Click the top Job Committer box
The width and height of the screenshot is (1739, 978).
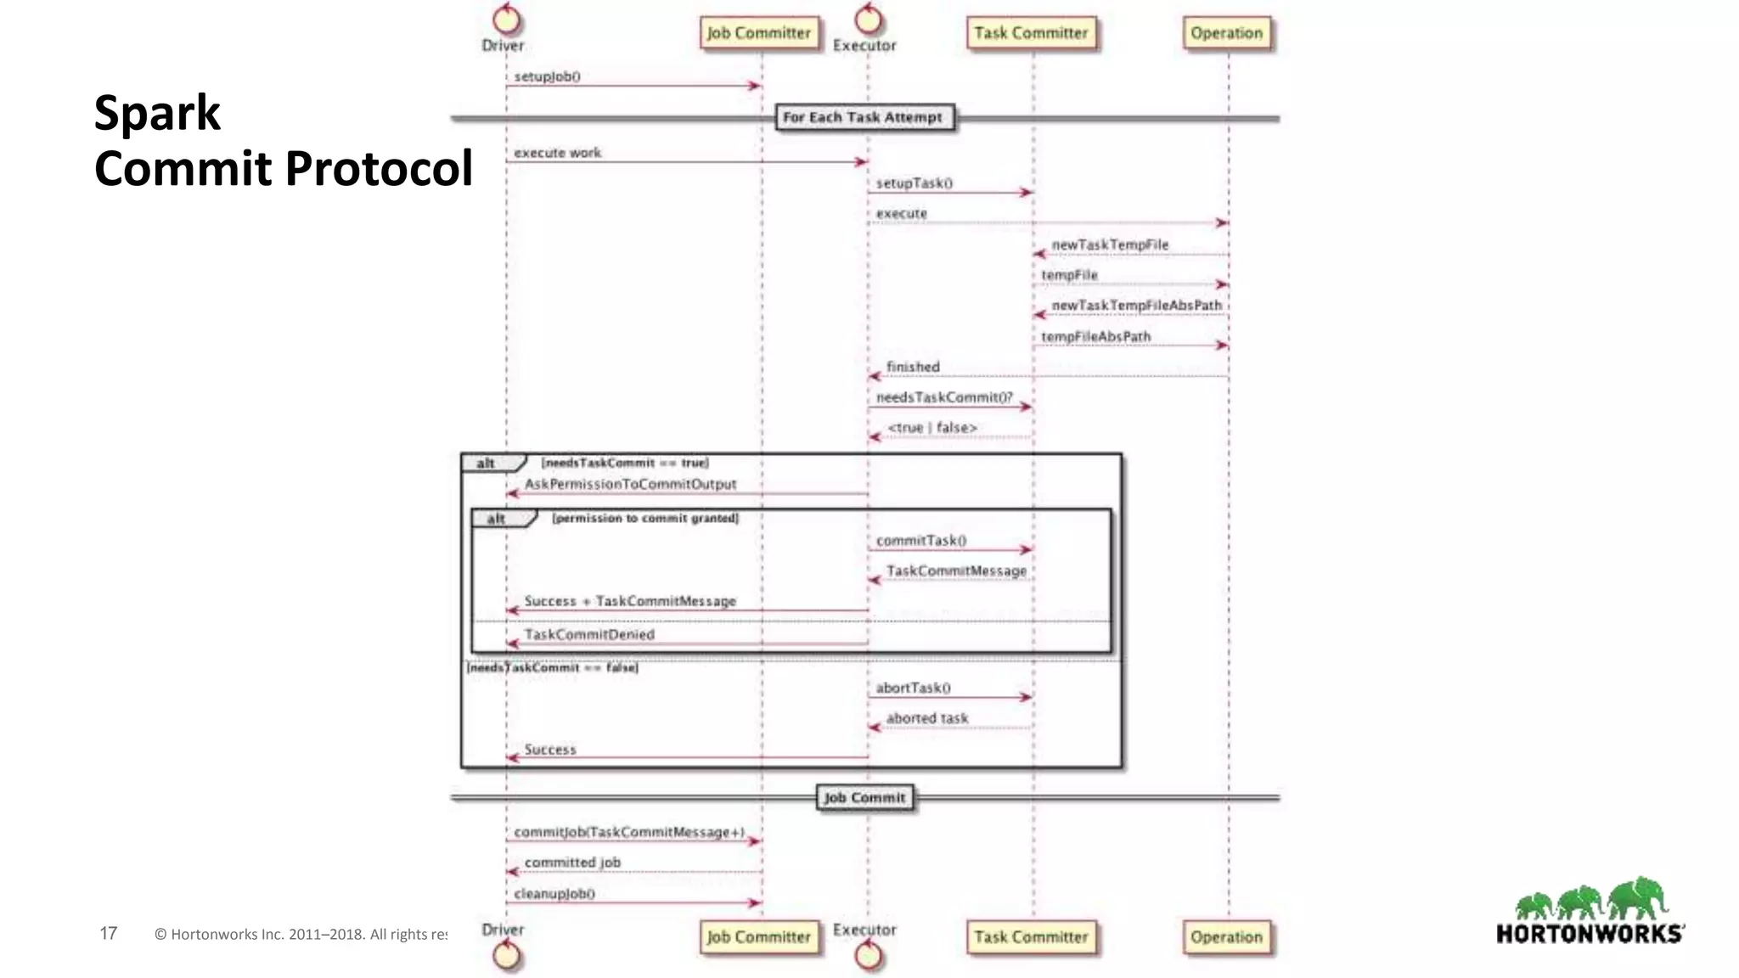point(759,33)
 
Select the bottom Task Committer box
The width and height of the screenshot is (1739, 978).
point(1030,937)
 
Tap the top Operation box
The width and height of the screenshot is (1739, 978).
point(1226,33)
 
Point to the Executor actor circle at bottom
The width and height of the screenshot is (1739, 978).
point(867,956)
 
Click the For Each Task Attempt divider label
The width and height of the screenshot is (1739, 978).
point(863,117)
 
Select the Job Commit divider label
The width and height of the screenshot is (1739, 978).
point(864,797)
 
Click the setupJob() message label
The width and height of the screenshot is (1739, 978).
point(547,76)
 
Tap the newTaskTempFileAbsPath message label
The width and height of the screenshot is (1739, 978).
point(1136,306)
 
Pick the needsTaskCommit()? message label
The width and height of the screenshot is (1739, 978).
point(943,397)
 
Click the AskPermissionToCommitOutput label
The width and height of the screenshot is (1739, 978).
point(630,484)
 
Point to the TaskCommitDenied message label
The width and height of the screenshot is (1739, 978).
point(589,634)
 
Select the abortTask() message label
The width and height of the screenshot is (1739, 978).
point(913,688)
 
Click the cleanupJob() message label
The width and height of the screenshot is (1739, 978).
point(554,893)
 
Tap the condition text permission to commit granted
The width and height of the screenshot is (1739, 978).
point(645,518)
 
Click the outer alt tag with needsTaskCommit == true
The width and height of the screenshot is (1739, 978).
point(486,463)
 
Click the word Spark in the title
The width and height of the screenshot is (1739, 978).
point(157,113)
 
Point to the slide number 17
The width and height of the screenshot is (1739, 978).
point(108,933)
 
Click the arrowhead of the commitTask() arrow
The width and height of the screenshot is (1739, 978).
point(1027,550)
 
